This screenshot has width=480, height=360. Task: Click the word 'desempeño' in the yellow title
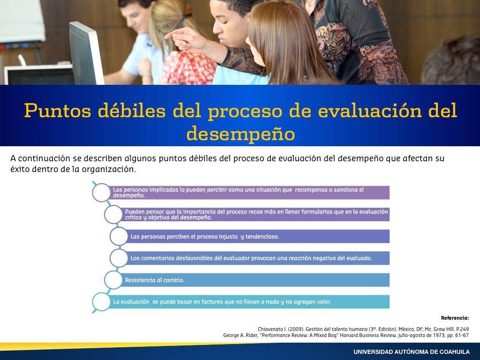click(x=240, y=134)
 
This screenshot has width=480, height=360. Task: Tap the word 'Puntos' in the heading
click(x=58, y=110)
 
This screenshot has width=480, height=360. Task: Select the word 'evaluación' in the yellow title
click(x=370, y=110)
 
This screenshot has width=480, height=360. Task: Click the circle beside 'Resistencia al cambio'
click(x=113, y=280)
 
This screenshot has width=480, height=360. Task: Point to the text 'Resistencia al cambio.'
click(x=155, y=280)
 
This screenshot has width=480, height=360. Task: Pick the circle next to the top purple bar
click(x=101, y=193)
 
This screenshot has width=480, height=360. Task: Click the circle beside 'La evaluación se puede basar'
click(x=101, y=302)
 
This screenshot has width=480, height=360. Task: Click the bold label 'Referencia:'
click(x=455, y=318)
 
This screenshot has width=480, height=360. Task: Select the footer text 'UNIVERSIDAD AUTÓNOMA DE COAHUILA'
click(x=412, y=352)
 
